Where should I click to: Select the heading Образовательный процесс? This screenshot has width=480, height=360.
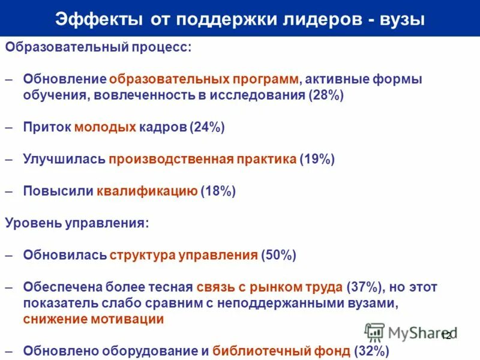pyautogui.click(x=98, y=47)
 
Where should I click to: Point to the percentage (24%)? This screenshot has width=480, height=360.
pyautogui.click(x=207, y=127)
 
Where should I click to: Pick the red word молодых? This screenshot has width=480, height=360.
pyautogui.click(x=105, y=127)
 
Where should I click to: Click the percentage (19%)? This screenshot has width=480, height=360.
pyautogui.click(x=317, y=159)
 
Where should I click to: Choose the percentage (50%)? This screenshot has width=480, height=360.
pyautogui.click(x=279, y=255)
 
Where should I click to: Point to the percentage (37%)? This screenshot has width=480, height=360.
pyautogui.click(x=364, y=287)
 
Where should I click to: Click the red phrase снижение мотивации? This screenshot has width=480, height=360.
pyautogui.click(x=93, y=319)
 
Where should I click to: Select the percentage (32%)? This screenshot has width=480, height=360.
pyautogui.click(x=372, y=351)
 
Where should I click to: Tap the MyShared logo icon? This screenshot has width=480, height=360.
pyautogui.click(x=374, y=332)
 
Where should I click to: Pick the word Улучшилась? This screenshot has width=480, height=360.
pyautogui.click(x=64, y=159)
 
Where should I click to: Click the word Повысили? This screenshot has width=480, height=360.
pyautogui.click(x=58, y=191)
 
